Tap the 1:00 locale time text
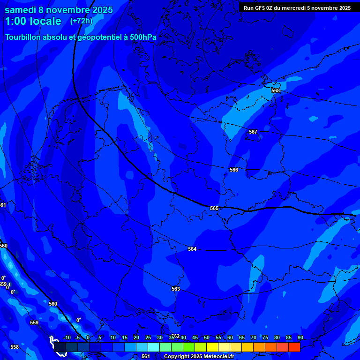pos(33,21)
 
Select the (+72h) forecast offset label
pos(81,21)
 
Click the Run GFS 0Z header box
pos(297,7)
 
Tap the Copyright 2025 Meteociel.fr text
pos(199,356)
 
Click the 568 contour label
pos(276,90)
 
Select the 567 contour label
pos(253,132)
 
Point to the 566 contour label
pos(234,170)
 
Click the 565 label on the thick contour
pos(214,208)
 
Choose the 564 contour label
pos(192,249)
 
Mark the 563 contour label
pos(176,289)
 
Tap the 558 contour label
pos(15,347)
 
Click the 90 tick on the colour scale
pos(300,337)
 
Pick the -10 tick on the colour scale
pos(67,337)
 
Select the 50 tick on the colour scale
pos(207,337)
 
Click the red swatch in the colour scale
pos(294,347)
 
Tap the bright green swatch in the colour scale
pos(188,347)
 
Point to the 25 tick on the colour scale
pos(148,337)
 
